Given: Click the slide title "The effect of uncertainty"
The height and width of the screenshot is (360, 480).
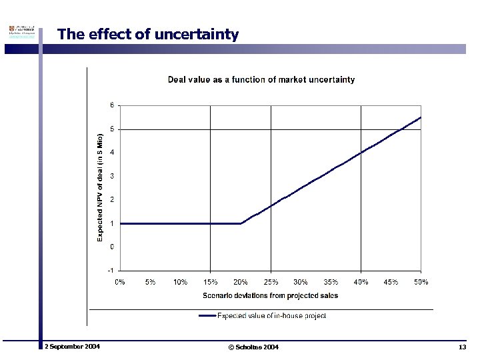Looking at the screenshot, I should (x=147, y=34).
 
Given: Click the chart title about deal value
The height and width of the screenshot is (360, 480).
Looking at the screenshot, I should (x=261, y=80).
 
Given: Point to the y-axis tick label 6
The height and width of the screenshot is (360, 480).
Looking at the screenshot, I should (x=112, y=105).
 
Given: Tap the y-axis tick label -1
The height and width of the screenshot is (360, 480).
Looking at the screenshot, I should (x=111, y=271).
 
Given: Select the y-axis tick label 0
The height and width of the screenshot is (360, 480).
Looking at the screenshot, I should (x=112, y=247).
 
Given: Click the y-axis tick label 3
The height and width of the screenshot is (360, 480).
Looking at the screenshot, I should (x=112, y=176).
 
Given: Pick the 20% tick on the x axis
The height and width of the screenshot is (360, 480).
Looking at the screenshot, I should (x=241, y=282).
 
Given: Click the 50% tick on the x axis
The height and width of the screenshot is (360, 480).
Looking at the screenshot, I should (x=421, y=282).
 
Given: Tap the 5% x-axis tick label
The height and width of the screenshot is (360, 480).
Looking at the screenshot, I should (x=150, y=282).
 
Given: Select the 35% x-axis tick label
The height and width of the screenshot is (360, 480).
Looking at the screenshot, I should (x=331, y=282).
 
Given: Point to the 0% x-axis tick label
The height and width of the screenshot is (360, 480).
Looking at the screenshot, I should (x=120, y=282).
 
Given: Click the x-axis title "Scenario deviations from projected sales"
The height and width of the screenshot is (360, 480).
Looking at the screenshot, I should (x=270, y=295).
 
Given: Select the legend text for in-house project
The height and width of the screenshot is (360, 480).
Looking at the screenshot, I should (x=272, y=316).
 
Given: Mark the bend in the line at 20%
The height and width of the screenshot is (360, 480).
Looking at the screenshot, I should (x=241, y=223).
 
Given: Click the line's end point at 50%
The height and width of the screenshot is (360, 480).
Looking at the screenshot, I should (x=421, y=117).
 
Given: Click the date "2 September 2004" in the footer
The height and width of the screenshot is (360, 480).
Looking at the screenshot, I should (x=72, y=347).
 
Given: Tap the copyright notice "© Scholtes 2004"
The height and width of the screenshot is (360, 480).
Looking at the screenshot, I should (x=253, y=347).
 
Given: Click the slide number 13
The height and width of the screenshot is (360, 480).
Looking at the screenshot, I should (x=462, y=347).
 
